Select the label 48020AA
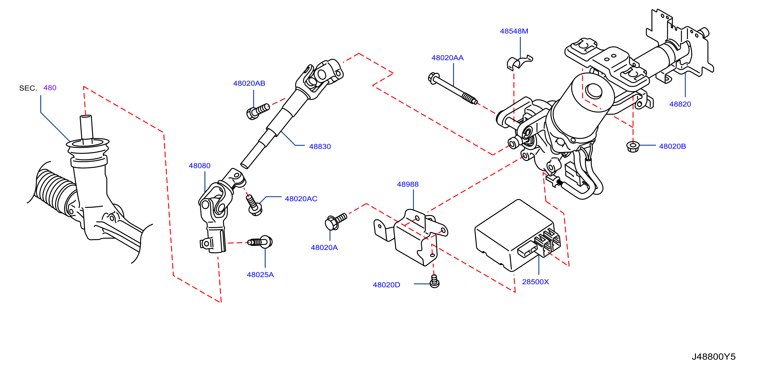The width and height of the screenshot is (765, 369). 447,58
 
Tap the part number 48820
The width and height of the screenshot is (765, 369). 680,104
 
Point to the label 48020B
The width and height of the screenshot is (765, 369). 672,146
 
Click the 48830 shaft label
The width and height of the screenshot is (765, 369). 320,147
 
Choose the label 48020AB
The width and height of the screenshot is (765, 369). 249,83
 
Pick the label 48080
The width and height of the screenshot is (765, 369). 199,166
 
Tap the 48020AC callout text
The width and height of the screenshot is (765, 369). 301,199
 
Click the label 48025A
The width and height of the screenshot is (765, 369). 260,275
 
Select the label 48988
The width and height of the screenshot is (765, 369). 408,184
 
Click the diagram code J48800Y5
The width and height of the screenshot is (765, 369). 714,357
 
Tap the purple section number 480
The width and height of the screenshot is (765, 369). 50,88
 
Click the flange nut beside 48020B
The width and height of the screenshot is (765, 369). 633,147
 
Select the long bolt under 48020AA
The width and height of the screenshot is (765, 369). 453,88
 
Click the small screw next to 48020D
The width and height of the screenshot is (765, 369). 434,281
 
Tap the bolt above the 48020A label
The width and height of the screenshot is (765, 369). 336,222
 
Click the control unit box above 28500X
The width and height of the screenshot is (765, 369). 517,235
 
